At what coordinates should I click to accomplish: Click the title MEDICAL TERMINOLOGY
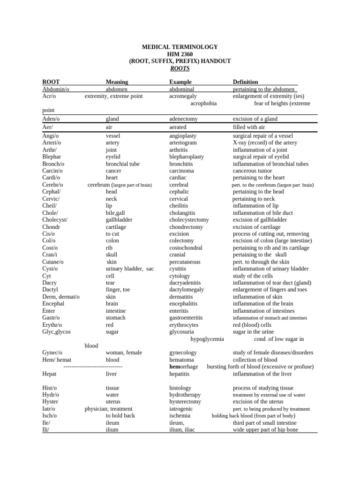click(x=180, y=47)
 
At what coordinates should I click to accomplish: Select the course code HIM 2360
click(x=180, y=54)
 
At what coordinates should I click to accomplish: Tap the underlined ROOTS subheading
click(x=180, y=68)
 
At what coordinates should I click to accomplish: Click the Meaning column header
click(x=117, y=82)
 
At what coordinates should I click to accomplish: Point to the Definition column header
click(x=245, y=82)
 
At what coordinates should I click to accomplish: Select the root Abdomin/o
click(x=56, y=89)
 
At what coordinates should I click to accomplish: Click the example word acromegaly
click(x=183, y=96)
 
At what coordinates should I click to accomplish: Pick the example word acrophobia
click(x=203, y=103)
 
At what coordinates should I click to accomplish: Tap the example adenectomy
click(x=183, y=119)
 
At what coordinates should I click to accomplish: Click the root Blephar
click(x=52, y=157)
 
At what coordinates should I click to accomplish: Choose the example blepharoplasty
click(x=187, y=157)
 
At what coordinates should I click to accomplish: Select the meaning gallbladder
click(x=119, y=219)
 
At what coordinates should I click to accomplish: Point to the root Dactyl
click(x=50, y=290)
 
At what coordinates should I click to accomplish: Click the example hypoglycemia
click(x=207, y=339)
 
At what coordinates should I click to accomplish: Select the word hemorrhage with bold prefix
click(x=183, y=367)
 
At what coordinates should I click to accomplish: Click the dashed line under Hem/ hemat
click(x=93, y=367)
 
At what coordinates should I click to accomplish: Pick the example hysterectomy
click(x=185, y=402)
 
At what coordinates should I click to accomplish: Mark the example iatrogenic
click(x=181, y=409)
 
